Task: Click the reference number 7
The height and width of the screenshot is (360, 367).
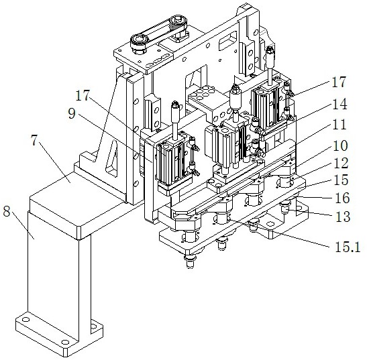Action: click(x=34, y=140)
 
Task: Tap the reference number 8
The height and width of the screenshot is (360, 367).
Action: click(x=7, y=211)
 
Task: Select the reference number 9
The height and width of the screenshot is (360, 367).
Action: click(x=72, y=114)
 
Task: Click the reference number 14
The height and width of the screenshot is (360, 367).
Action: click(x=339, y=104)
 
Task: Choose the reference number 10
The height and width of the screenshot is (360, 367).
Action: click(x=340, y=145)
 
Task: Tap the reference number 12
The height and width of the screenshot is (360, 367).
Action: click(x=341, y=163)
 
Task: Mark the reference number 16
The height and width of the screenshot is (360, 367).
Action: click(x=342, y=198)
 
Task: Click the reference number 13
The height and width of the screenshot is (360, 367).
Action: click(x=343, y=217)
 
